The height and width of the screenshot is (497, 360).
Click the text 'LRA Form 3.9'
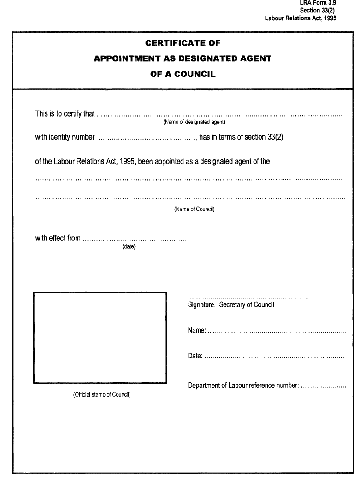pyautogui.click(x=318, y=3)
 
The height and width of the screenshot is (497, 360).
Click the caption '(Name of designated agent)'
pyautogui.click(x=194, y=123)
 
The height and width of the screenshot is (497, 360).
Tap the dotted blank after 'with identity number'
pyautogui.click(x=148, y=137)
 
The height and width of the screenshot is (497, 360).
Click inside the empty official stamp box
pyautogui.click(x=100, y=337)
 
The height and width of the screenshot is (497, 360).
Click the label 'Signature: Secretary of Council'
pyautogui.click(x=231, y=305)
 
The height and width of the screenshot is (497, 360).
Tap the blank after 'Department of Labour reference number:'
pyautogui.click(x=323, y=386)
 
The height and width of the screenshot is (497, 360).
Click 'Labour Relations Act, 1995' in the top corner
pyautogui.click(x=301, y=18)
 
